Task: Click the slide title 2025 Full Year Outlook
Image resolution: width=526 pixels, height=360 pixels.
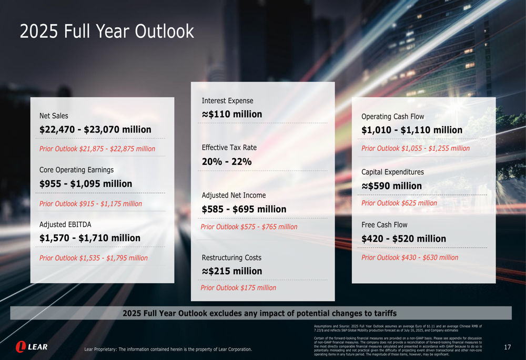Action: pyautogui.click(x=107, y=32)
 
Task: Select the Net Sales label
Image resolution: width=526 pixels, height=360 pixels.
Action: pyautogui.click(x=54, y=116)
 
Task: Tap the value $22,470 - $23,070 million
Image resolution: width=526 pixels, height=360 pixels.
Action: pyautogui.click(x=95, y=129)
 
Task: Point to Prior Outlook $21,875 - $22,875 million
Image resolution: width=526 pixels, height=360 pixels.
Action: pyautogui.click(x=97, y=149)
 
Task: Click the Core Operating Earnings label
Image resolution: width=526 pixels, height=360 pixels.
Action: pyautogui.click(x=76, y=170)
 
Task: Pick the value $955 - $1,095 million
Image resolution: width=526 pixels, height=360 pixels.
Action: pyautogui.click(x=86, y=184)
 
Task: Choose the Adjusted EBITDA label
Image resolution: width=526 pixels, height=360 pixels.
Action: pyautogui.click(x=65, y=224)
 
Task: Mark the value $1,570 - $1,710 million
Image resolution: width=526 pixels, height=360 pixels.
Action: pyautogui.click(x=90, y=238)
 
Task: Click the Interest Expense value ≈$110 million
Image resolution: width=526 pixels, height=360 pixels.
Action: pyautogui.click(x=232, y=114)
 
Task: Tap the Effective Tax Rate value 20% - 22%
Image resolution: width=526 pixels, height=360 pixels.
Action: pyautogui.click(x=227, y=162)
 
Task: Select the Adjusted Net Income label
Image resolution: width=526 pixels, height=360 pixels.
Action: pyautogui.click(x=234, y=196)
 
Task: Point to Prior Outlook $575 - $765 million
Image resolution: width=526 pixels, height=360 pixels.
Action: pyautogui.click(x=249, y=227)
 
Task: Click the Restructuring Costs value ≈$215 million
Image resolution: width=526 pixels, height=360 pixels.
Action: pyautogui.click(x=232, y=271)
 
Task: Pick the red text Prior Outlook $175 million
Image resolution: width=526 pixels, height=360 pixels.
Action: pyautogui.click(x=238, y=288)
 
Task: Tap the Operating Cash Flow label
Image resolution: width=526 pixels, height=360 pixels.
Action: pyautogui.click(x=392, y=117)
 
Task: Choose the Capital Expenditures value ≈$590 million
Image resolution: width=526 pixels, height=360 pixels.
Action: pyautogui.click(x=391, y=186)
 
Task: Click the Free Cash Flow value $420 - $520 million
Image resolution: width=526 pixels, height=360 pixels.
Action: pyautogui.click(x=403, y=239)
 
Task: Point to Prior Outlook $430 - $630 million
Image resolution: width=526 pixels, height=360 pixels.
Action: pyautogui.click(x=410, y=258)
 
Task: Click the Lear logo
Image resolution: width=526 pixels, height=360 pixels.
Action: pyautogui.click(x=32, y=347)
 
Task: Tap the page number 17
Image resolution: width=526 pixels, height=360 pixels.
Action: pyautogui.click(x=507, y=347)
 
